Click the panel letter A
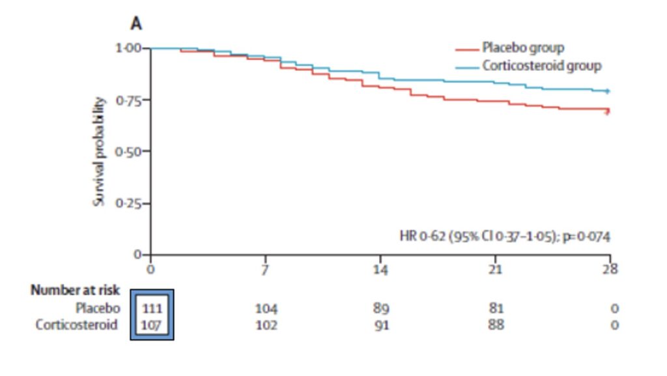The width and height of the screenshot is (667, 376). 137,24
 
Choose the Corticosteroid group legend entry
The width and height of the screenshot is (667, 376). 541,66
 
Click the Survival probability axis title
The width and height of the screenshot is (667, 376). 99,151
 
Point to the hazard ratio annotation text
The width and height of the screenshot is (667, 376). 504,237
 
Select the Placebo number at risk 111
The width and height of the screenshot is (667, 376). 151,308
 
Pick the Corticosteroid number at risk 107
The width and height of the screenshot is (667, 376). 151,324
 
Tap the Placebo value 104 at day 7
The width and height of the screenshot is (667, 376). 265,308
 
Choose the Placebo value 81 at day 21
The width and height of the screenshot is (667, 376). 496,308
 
